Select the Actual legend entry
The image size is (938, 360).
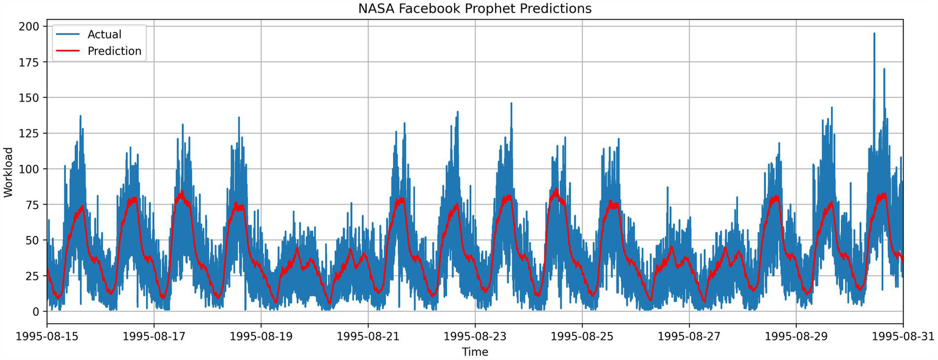click(104, 34)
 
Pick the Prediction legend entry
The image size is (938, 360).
click(114, 51)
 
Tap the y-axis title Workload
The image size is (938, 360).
click(8, 172)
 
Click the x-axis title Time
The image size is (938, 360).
click(475, 352)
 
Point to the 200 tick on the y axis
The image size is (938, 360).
click(29, 26)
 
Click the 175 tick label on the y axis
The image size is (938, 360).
click(29, 62)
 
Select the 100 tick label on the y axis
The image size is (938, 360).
click(29, 169)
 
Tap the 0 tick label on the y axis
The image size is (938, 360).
click(35, 312)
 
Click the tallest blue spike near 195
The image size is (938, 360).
click(874, 35)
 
